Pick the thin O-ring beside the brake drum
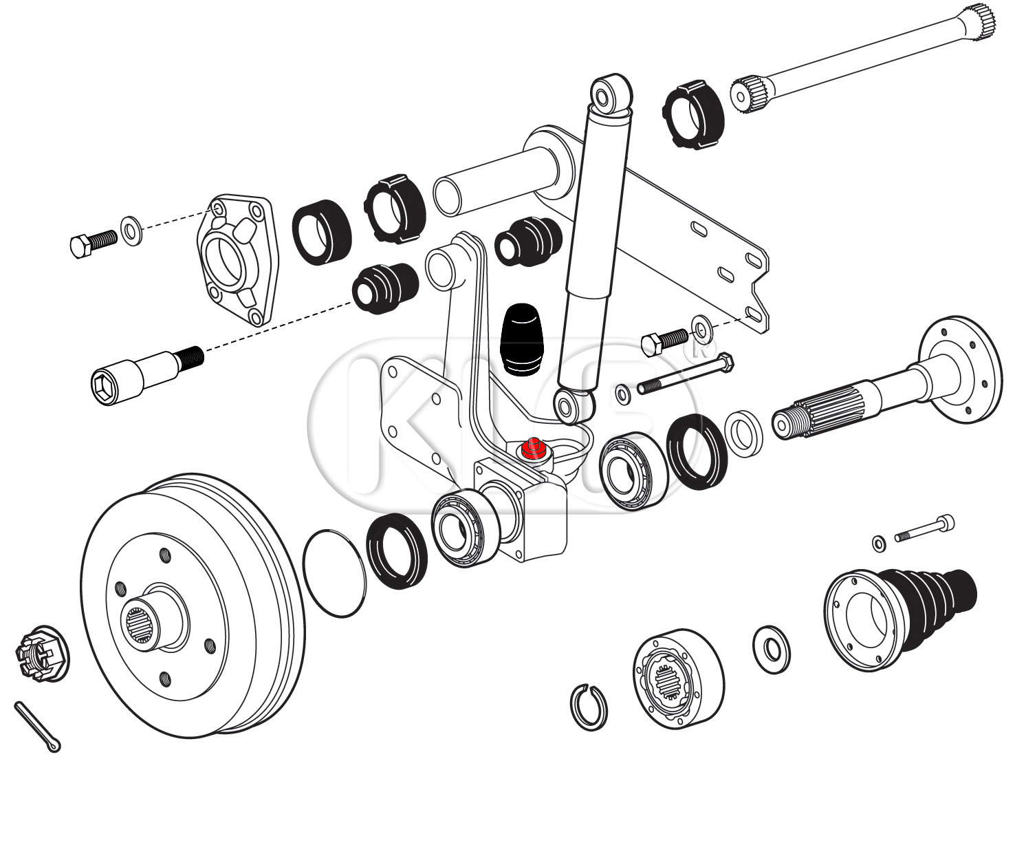click(x=334, y=574)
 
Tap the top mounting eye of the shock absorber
click(x=609, y=94)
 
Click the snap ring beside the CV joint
click(x=589, y=706)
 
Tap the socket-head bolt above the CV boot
click(x=924, y=529)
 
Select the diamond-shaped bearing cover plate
click(x=236, y=259)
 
